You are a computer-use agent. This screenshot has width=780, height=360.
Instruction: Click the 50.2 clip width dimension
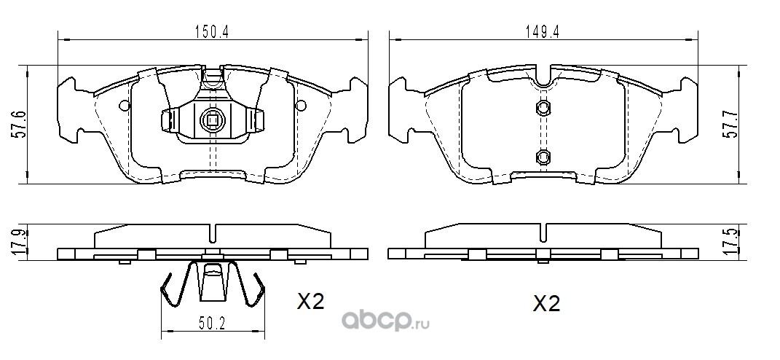coord(213,324)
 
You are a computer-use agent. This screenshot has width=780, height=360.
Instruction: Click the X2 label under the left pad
coord(310,301)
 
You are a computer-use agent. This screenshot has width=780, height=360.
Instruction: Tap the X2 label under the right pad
coord(546,303)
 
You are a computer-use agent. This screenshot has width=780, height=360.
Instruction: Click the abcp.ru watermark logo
coord(385,323)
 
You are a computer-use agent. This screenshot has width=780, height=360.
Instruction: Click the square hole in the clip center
coord(213,120)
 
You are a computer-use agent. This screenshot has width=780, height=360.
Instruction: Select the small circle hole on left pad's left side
coord(125,105)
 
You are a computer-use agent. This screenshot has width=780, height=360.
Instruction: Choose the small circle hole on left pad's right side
coord(301,105)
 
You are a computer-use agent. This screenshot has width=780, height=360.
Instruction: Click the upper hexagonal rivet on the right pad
coord(543,108)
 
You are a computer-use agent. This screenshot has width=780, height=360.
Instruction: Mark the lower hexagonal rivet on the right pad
coord(543,157)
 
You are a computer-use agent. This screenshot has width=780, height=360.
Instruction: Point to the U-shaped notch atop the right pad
coord(543,79)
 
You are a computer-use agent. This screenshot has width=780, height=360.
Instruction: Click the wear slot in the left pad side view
coord(213,232)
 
